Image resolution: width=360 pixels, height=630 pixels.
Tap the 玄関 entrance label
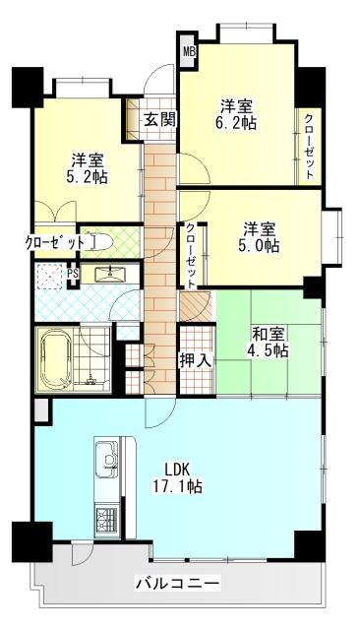[159, 120]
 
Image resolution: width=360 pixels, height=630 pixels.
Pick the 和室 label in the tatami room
[269, 332]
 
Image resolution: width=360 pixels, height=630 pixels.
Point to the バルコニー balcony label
[177, 585]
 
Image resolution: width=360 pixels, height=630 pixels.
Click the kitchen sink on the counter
[105, 459]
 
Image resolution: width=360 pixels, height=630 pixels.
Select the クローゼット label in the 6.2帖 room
[309, 146]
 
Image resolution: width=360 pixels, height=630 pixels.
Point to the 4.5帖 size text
[269, 350]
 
